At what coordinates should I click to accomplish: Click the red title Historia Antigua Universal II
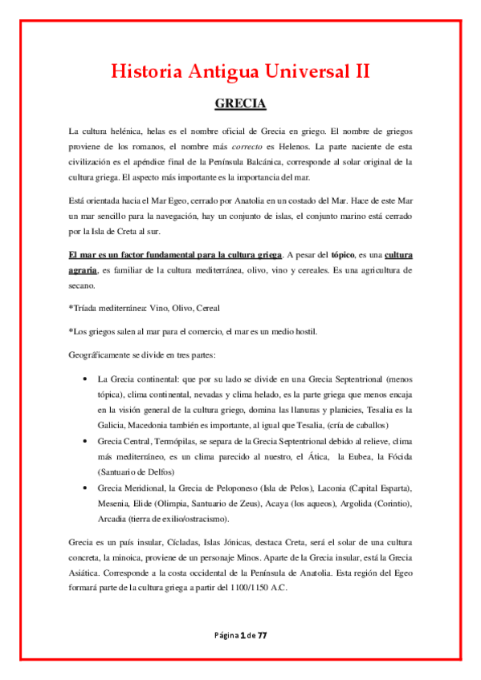[x=240, y=71]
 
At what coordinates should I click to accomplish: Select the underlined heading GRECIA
[x=240, y=104]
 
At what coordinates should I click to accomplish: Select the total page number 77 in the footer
[x=261, y=634]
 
